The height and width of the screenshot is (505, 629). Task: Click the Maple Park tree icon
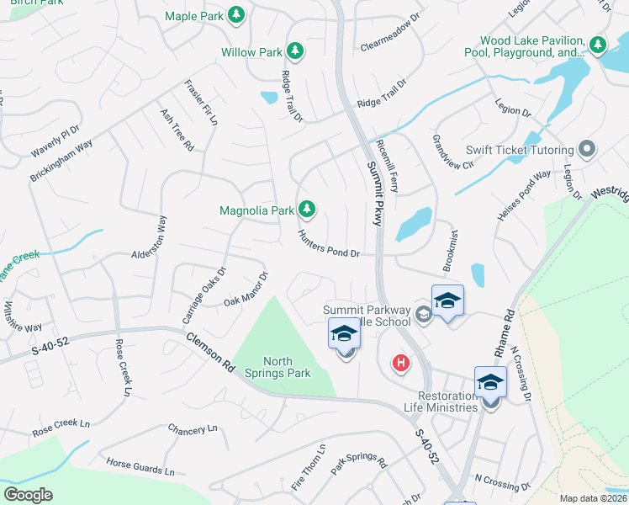point(237,15)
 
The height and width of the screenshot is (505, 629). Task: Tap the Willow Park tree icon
point(295,52)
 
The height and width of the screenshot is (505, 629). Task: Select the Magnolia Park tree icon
point(308,209)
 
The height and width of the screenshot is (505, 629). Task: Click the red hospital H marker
point(402,364)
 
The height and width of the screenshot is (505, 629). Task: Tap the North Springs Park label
point(277,366)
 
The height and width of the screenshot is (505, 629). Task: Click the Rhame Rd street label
point(508,328)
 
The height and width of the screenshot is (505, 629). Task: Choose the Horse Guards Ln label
point(140,467)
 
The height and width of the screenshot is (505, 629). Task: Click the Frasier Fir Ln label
point(202,103)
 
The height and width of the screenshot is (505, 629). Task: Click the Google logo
point(28,495)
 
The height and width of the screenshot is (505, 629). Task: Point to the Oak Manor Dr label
point(246,289)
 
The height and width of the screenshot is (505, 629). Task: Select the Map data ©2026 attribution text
point(592,497)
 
